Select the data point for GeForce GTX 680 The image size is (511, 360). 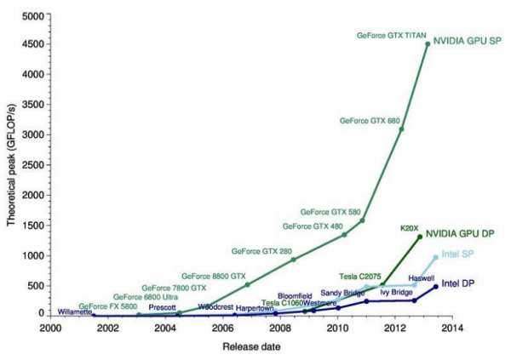pyautogui.click(x=401, y=129)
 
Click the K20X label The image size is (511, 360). pyautogui.click(x=411, y=228)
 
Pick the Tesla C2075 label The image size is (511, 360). pyautogui.click(x=360, y=274)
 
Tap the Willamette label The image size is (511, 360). pyautogui.click(x=75, y=311)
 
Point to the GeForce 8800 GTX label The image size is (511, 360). pyautogui.click(x=216, y=277)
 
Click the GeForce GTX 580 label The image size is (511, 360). pyautogui.click(x=331, y=211)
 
